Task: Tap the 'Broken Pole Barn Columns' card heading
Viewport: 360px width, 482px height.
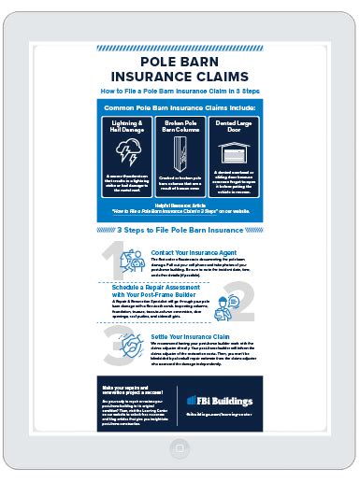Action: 180,125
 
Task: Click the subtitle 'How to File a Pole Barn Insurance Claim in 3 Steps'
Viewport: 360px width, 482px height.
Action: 180,92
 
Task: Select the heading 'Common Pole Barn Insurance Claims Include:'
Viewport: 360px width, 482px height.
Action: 180,109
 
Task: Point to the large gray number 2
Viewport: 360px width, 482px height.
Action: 245,305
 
